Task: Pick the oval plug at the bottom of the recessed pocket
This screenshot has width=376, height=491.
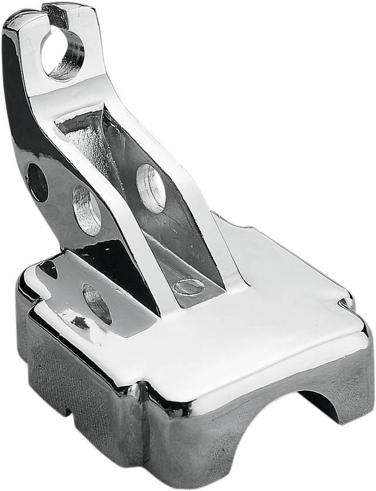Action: [x=189, y=286]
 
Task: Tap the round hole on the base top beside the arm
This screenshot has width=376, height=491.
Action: [x=97, y=303]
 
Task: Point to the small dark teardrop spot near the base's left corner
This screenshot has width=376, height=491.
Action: [x=48, y=270]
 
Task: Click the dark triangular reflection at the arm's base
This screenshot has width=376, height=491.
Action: [x=120, y=264]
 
